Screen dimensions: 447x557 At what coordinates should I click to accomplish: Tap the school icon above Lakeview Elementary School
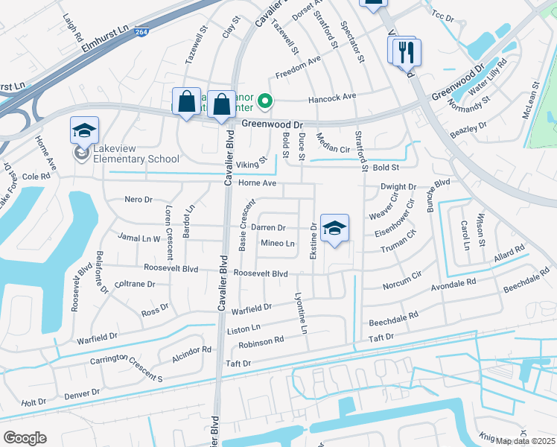[84, 131]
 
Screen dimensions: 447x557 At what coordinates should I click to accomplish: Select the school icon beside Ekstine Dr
[334, 229]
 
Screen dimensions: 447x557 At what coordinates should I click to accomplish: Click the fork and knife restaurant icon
[407, 52]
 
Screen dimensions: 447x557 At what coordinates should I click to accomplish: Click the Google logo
[25, 438]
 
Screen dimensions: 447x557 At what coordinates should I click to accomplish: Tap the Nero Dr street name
[138, 200]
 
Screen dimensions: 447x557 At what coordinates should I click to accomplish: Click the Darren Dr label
[268, 227]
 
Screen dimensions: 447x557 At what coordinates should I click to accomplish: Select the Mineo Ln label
[277, 243]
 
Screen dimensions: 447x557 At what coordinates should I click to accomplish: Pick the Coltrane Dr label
[135, 284]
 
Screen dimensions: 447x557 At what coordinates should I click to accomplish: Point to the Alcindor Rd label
[191, 352]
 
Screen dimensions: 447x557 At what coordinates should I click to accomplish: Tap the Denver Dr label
[82, 393]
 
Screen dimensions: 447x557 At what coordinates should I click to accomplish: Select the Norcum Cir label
[402, 284]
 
